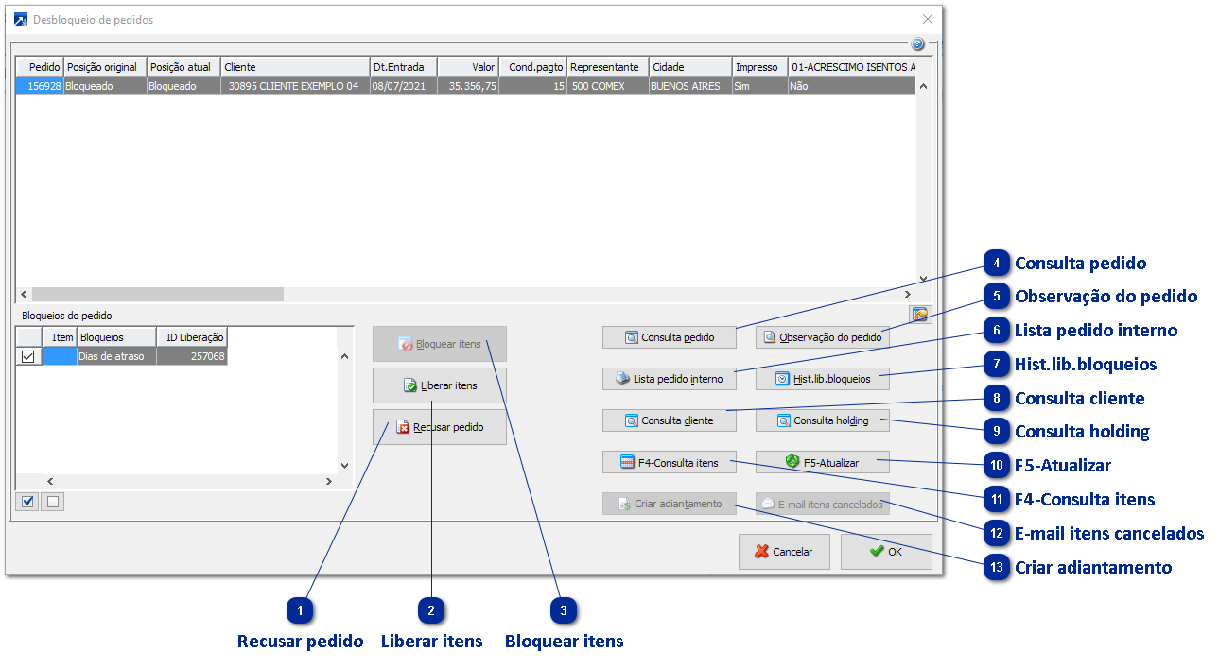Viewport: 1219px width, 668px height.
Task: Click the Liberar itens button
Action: click(440, 385)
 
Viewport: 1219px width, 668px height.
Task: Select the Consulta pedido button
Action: click(670, 337)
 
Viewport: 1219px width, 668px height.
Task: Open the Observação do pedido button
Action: click(822, 337)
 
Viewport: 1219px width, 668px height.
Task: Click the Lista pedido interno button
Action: click(670, 379)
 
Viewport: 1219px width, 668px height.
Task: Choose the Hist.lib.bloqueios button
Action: click(822, 379)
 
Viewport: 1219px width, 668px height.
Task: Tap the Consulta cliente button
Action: click(670, 420)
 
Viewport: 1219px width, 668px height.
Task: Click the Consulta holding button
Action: click(822, 420)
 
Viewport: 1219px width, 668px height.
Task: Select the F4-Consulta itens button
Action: click(670, 463)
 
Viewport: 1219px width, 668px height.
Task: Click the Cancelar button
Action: click(783, 552)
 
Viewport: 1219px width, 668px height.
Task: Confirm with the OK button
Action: click(885, 552)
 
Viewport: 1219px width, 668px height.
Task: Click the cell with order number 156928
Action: click(40, 86)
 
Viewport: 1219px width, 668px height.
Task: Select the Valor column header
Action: click(468, 67)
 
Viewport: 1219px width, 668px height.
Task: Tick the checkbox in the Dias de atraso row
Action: click(28, 356)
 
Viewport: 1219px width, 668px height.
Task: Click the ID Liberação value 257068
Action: click(192, 356)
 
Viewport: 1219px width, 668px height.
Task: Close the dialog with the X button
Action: click(928, 19)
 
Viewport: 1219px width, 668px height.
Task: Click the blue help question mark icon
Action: click(917, 44)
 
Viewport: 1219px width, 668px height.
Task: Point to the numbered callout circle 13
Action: click(997, 568)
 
